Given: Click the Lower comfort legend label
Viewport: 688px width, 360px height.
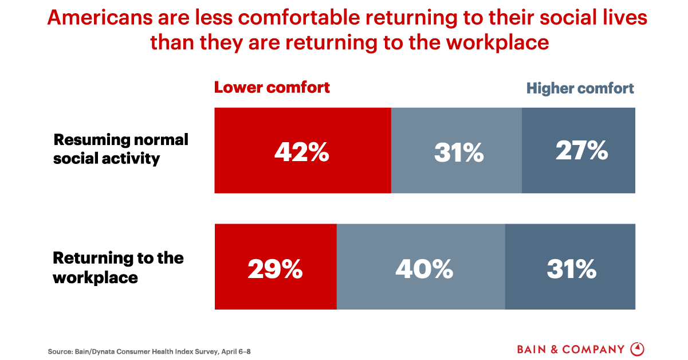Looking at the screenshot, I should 272,88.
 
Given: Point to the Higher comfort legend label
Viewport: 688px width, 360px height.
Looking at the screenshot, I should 580,89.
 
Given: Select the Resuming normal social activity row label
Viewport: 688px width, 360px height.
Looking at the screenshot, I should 121,149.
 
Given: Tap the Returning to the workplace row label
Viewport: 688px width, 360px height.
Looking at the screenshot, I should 118,268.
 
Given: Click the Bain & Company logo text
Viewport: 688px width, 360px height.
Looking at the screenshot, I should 571,349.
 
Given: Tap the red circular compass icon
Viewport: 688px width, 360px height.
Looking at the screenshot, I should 637,349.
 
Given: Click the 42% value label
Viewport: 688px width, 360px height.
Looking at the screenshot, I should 302,152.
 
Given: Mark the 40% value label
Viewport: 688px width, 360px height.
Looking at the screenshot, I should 424,269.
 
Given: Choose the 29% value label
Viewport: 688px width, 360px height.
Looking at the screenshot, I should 275,269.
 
